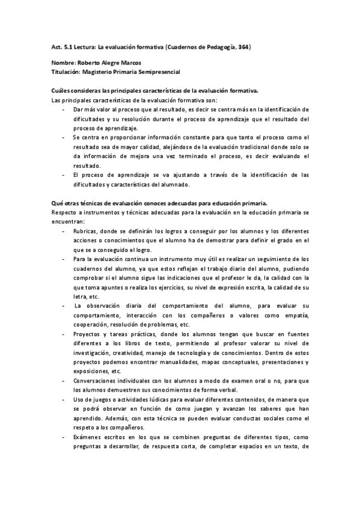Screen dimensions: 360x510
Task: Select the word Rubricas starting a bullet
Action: point(85,232)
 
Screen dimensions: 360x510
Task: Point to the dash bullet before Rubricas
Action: point(64,232)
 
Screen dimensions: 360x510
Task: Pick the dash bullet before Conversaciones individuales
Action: point(64,381)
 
